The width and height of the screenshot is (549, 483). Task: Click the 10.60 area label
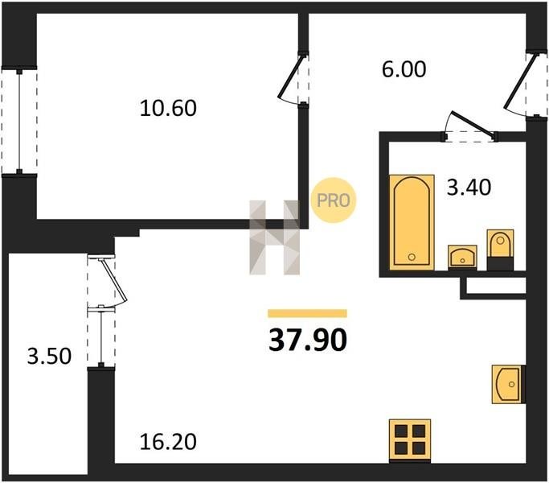(x=168, y=108)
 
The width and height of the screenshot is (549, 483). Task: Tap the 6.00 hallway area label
(x=404, y=69)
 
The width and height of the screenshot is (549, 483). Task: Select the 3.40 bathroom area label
(x=469, y=187)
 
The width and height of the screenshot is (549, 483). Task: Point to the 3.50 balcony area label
(x=49, y=356)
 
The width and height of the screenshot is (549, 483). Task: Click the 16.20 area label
(x=168, y=442)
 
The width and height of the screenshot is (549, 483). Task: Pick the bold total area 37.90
(x=308, y=341)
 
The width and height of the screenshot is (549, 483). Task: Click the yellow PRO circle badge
(x=333, y=200)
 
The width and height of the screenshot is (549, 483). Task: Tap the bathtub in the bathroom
(x=412, y=222)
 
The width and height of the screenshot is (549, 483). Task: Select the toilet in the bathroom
(x=500, y=250)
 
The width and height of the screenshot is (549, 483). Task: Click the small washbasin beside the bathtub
(x=462, y=257)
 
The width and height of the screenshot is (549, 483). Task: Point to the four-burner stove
(x=410, y=440)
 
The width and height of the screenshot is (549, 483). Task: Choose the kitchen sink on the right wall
(x=508, y=384)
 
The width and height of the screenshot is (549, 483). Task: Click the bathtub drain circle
(x=412, y=257)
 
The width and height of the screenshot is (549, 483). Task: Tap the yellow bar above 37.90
(x=307, y=313)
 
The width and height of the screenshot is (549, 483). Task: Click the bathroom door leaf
(x=473, y=123)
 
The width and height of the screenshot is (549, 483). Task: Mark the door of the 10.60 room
(x=290, y=76)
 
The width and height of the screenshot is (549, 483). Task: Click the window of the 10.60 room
(x=19, y=120)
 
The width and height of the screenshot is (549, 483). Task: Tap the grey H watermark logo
(x=275, y=237)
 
